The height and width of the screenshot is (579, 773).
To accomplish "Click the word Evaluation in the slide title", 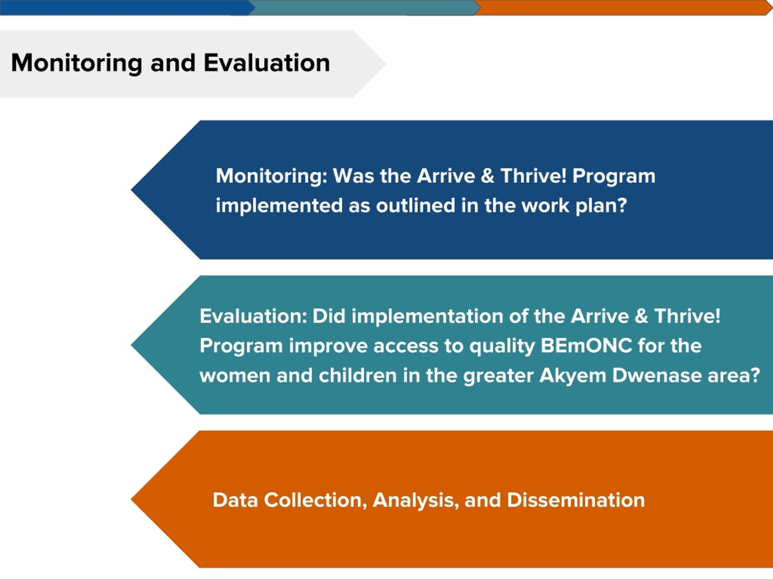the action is tap(267, 63).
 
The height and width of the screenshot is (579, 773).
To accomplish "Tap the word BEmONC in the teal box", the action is tap(586, 346).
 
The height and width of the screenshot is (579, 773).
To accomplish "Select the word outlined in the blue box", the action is tap(415, 205).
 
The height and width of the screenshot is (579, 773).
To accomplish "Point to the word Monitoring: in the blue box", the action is tap(271, 176).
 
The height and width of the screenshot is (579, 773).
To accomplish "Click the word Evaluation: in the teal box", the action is tap(253, 316).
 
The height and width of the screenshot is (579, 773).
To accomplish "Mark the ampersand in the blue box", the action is tap(487, 176).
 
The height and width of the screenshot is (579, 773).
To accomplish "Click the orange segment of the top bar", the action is tap(622, 7).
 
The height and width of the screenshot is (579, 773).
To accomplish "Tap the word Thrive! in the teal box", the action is tap(687, 316).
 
